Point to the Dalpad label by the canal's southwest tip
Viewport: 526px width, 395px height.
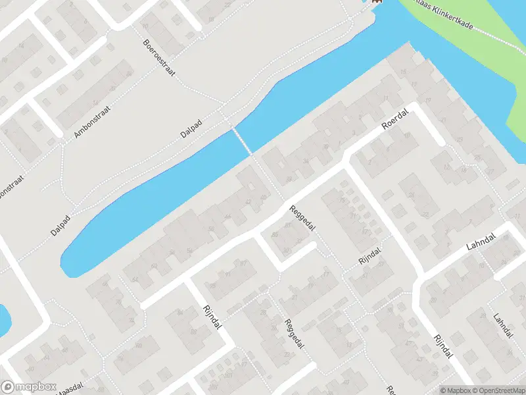[60, 224]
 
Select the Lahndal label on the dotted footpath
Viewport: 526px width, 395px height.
[503, 326]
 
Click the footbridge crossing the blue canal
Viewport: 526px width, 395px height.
[242, 140]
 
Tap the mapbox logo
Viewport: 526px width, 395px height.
[28, 387]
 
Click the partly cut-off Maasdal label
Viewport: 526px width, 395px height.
[69, 389]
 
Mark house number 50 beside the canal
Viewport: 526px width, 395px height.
[211, 228]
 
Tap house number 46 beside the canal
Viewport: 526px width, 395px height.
[227, 217]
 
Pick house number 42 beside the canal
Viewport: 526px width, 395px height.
[248, 202]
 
